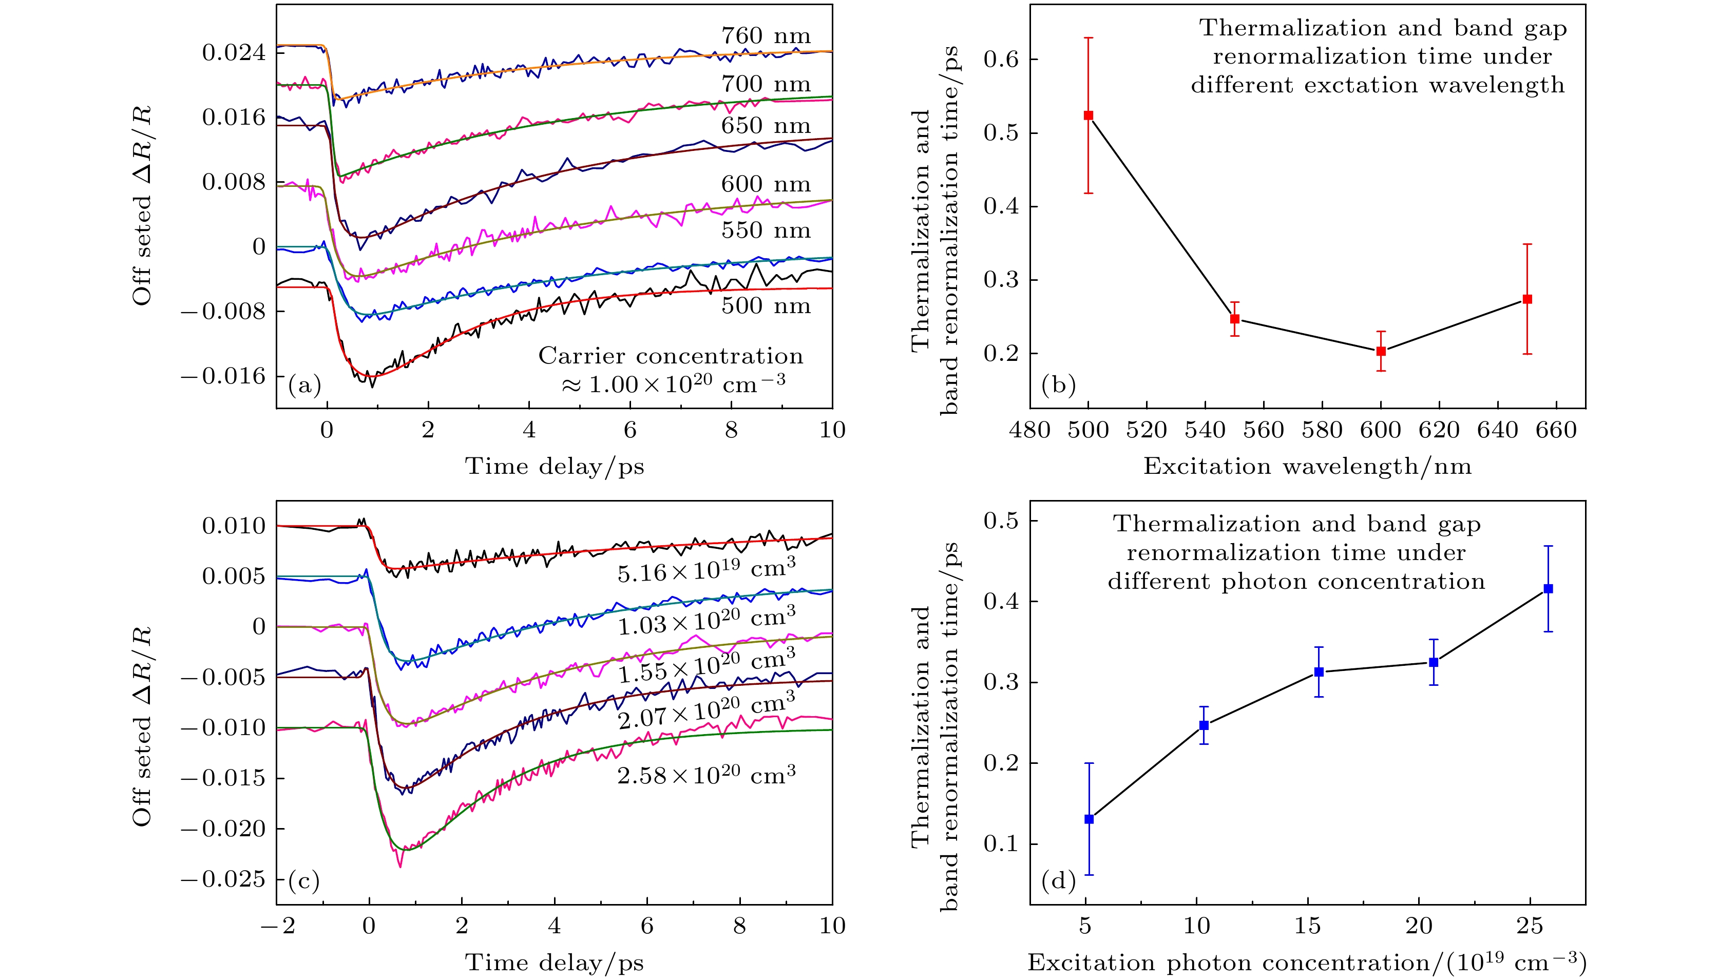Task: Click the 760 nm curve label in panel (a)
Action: [x=766, y=35]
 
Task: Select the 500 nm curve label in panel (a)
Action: [x=766, y=306]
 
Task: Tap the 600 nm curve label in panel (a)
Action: [x=766, y=184]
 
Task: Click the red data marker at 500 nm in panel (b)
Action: [x=1089, y=115]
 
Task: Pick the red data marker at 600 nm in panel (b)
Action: [x=1381, y=351]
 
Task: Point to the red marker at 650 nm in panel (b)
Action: [x=1528, y=299]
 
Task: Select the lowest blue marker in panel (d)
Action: [x=1089, y=819]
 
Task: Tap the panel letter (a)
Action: [x=304, y=385]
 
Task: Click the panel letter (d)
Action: [x=1058, y=881]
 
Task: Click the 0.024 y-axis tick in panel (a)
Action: [x=234, y=52]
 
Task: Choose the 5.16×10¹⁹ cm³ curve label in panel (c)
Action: [x=706, y=570]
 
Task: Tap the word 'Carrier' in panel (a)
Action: [x=582, y=356]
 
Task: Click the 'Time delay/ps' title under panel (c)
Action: [x=554, y=963]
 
